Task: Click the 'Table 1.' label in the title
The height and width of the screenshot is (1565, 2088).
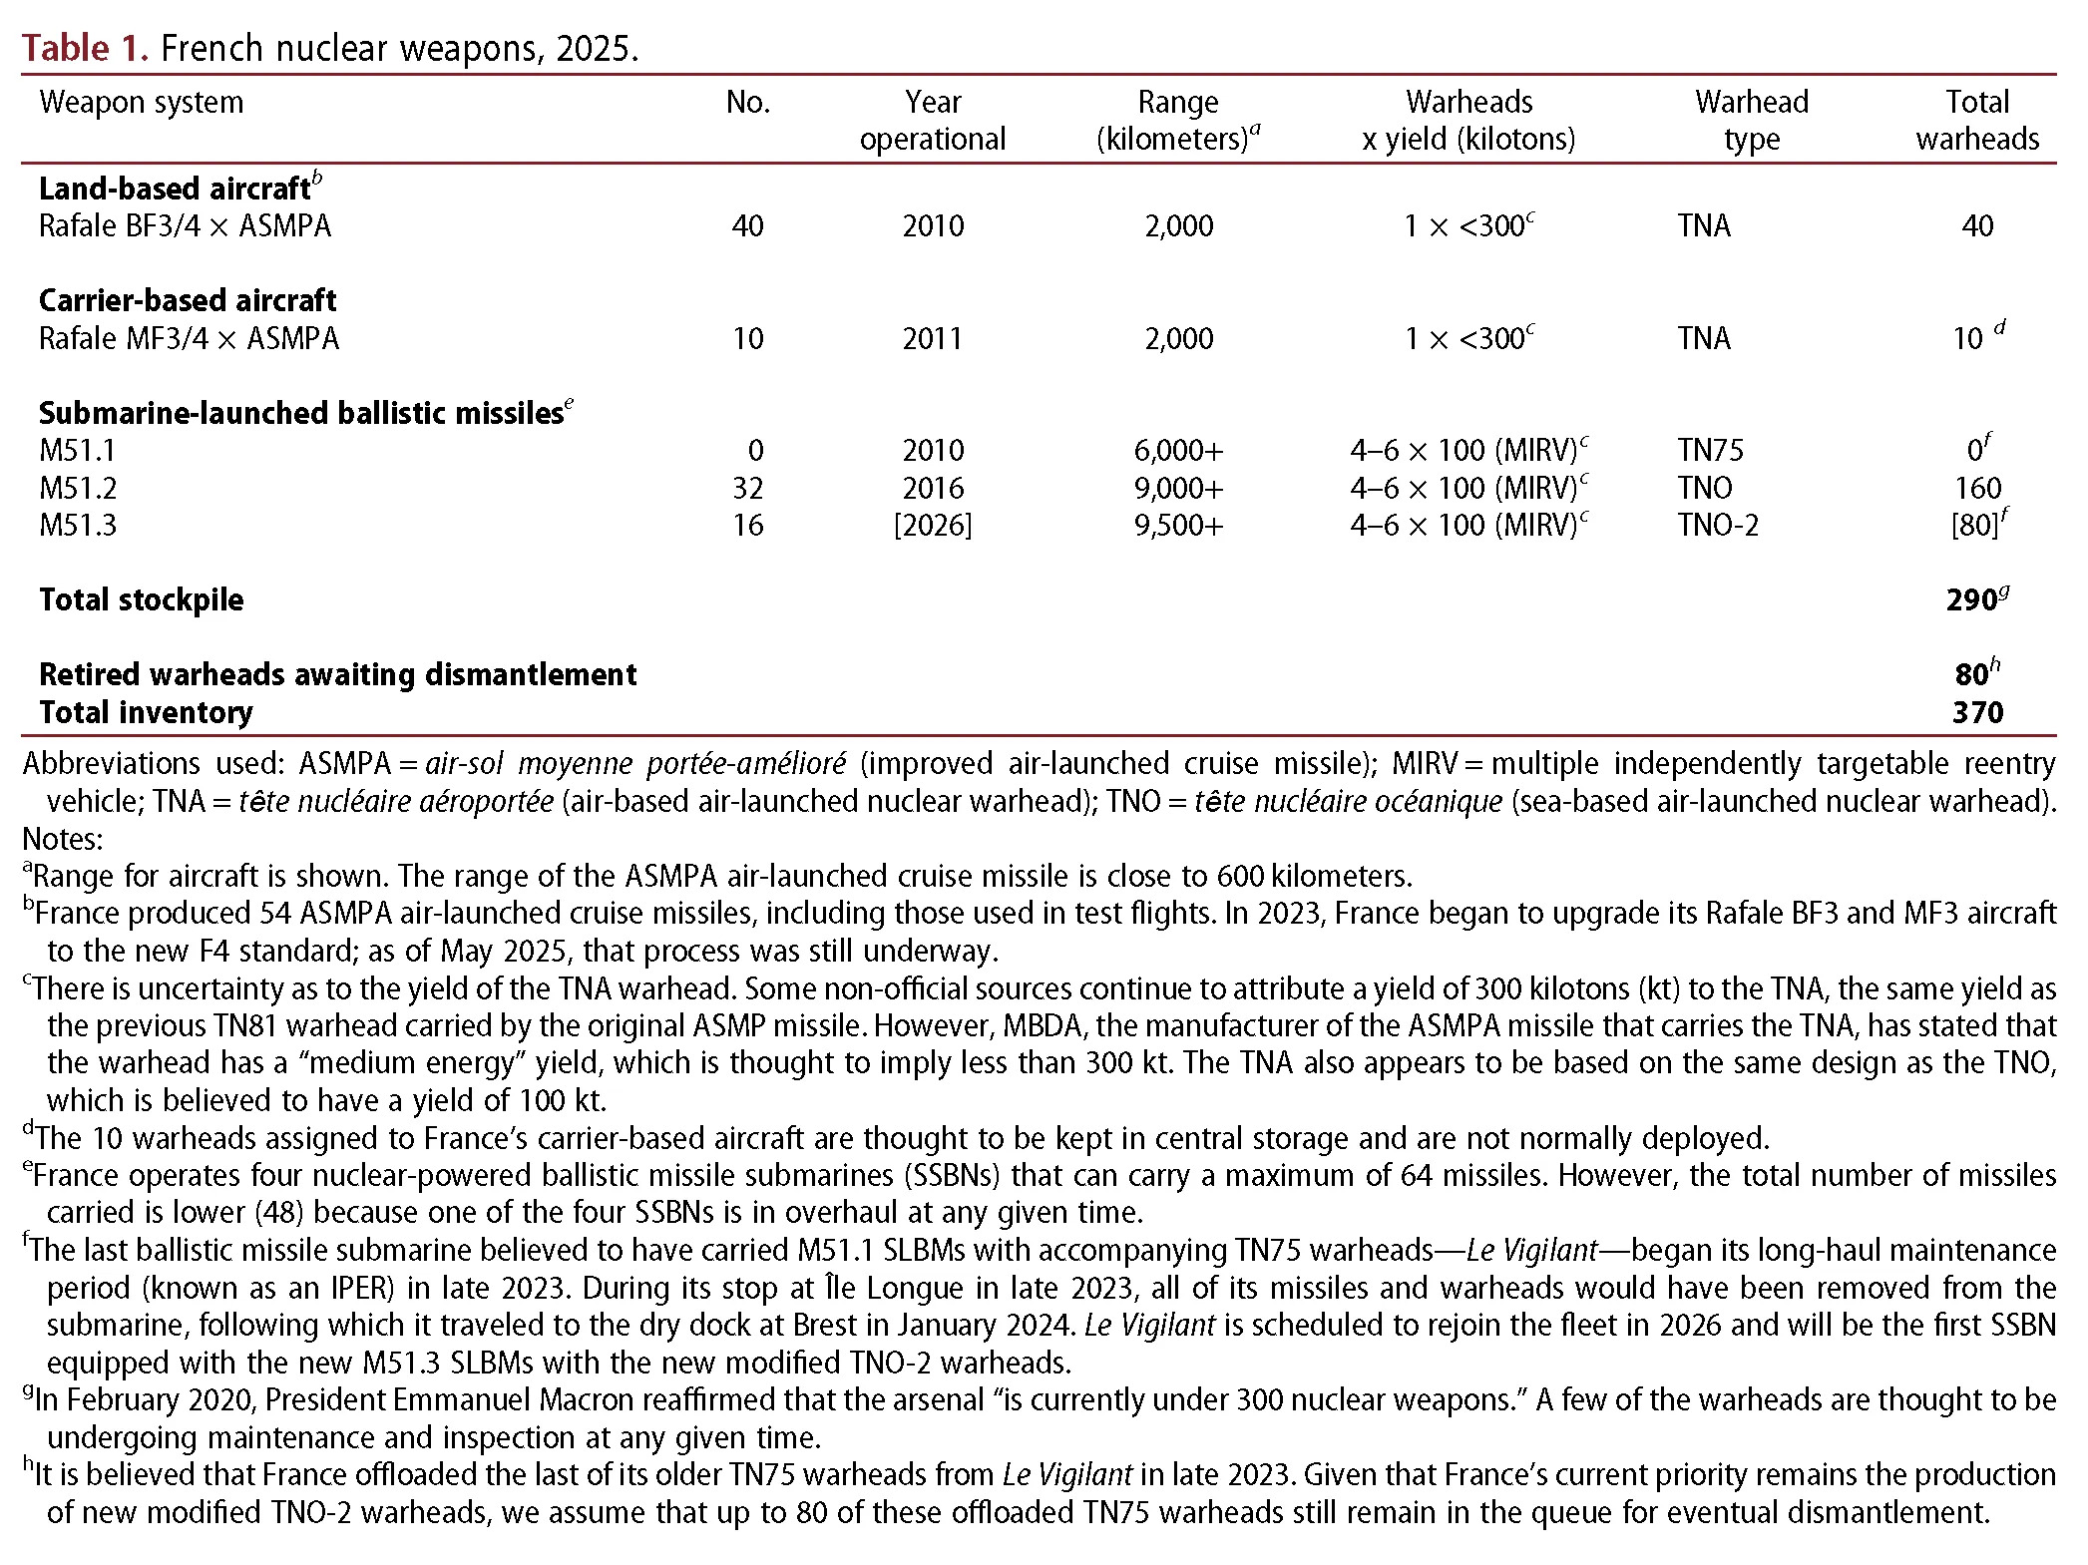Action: point(85,48)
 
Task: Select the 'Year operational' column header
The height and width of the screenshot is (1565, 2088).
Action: point(932,121)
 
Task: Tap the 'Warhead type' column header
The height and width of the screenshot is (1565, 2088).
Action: point(1751,121)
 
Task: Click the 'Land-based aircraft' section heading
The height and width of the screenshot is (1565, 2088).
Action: point(175,189)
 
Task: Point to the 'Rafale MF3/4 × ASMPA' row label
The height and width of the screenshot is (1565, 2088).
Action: point(189,339)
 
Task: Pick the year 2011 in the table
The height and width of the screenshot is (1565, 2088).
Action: point(932,339)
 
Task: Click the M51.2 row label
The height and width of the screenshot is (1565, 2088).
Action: point(78,489)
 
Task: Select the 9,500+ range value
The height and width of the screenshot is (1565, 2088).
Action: point(1177,526)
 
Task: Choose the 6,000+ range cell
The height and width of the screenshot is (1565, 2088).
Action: point(1177,451)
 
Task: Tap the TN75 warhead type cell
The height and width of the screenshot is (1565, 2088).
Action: point(1710,451)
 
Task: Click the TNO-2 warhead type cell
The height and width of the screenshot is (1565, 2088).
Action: point(1718,526)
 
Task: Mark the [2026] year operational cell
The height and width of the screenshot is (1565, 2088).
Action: point(932,526)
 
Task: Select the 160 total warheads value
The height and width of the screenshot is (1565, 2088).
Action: point(1977,489)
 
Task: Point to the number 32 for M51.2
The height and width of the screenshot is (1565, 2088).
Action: point(747,489)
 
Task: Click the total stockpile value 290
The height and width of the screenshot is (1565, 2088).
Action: point(1971,600)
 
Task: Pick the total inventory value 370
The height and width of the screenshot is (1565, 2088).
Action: point(1977,713)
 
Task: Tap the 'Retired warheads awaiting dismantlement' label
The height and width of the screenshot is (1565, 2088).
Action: point(337,675)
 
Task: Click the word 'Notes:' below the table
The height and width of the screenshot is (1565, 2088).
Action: point(62,839)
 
